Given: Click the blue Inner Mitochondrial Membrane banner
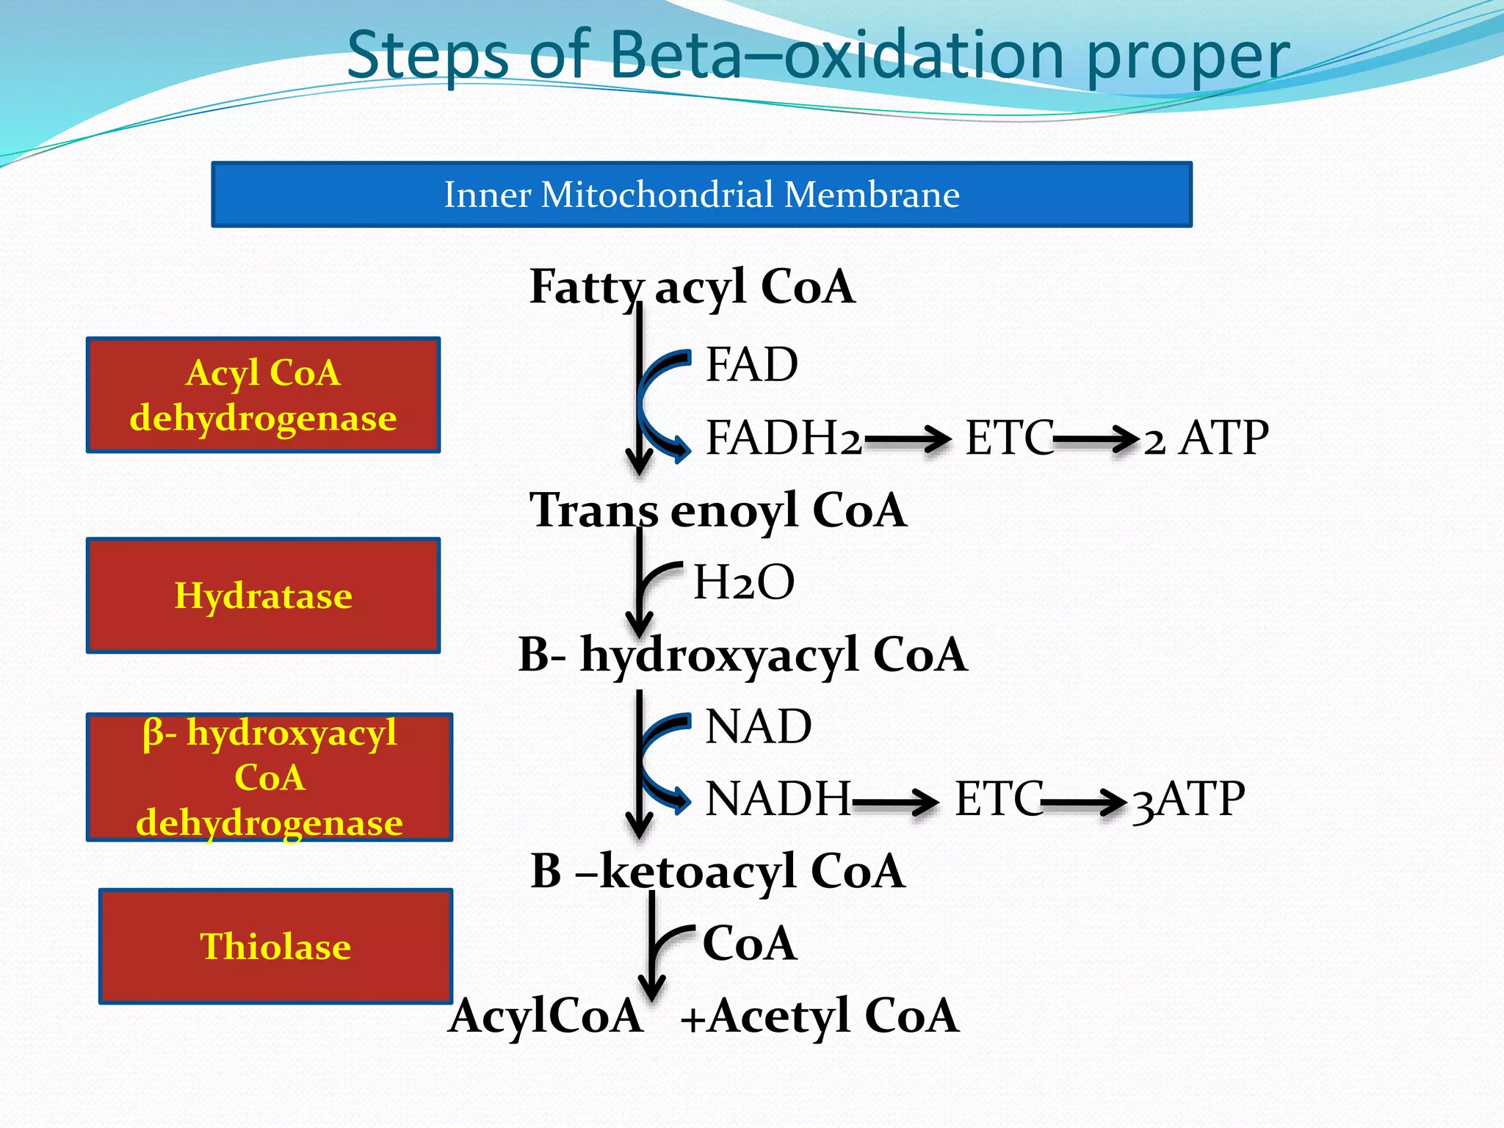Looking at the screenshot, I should pos(701,195).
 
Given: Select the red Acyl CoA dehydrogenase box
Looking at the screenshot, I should pos(263,395).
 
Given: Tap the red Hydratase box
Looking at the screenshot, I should pos(263,596).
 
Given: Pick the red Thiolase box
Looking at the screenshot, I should pos(275,946).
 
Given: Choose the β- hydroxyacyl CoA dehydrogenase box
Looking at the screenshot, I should pos(270,777).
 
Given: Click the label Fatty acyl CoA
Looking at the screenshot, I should pos(692,286).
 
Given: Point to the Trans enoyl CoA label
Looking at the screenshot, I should pos(717,510).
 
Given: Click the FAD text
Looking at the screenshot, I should pos(751,364).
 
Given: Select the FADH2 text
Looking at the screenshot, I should pos(783,438).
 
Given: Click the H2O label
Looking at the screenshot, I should pos(743,582).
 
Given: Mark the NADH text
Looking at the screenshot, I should pos(777,798).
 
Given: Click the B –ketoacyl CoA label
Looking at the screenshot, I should pos(717,871).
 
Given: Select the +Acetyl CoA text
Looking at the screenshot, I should pos(820,1016).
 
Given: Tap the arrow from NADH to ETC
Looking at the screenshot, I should pos(895,801).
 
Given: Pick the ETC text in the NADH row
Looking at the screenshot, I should pos(997,799).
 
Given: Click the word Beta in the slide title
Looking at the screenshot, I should pos(676,55).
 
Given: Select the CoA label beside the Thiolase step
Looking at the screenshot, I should pos(749,943).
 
